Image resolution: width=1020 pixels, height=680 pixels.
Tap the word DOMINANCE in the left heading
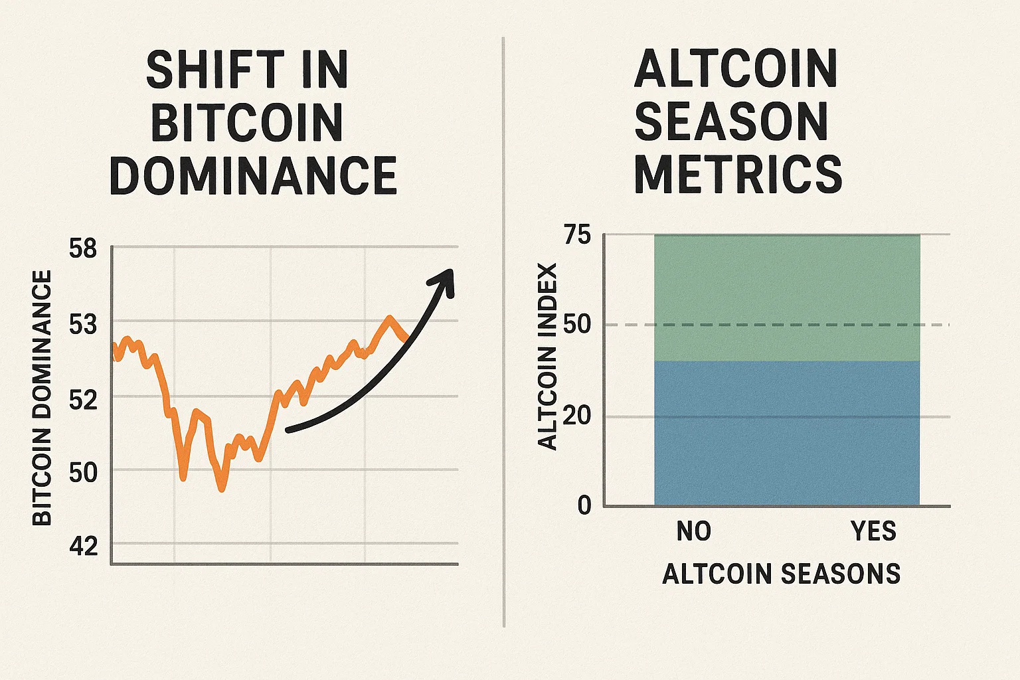252,175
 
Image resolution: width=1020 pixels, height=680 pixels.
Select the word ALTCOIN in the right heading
736,69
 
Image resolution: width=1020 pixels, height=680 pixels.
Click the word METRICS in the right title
738,174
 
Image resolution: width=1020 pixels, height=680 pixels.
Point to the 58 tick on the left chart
83,249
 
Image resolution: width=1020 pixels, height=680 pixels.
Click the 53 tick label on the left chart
83,325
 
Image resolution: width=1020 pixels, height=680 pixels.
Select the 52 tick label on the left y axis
83,400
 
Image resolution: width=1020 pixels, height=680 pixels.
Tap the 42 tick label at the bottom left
83,546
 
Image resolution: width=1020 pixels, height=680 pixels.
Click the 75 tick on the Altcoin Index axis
576,234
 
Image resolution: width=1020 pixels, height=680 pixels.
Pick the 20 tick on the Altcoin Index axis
576,416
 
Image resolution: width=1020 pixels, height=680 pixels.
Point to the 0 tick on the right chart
584,505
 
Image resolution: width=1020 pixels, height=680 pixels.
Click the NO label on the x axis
694,531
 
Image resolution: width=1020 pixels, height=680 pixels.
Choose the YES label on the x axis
873,531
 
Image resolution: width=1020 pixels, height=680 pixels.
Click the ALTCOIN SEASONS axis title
781,574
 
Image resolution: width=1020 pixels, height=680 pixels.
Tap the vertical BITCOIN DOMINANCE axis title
42,398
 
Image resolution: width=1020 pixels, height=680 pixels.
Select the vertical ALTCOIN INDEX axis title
548,357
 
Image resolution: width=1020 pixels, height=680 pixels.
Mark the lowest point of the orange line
222,489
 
